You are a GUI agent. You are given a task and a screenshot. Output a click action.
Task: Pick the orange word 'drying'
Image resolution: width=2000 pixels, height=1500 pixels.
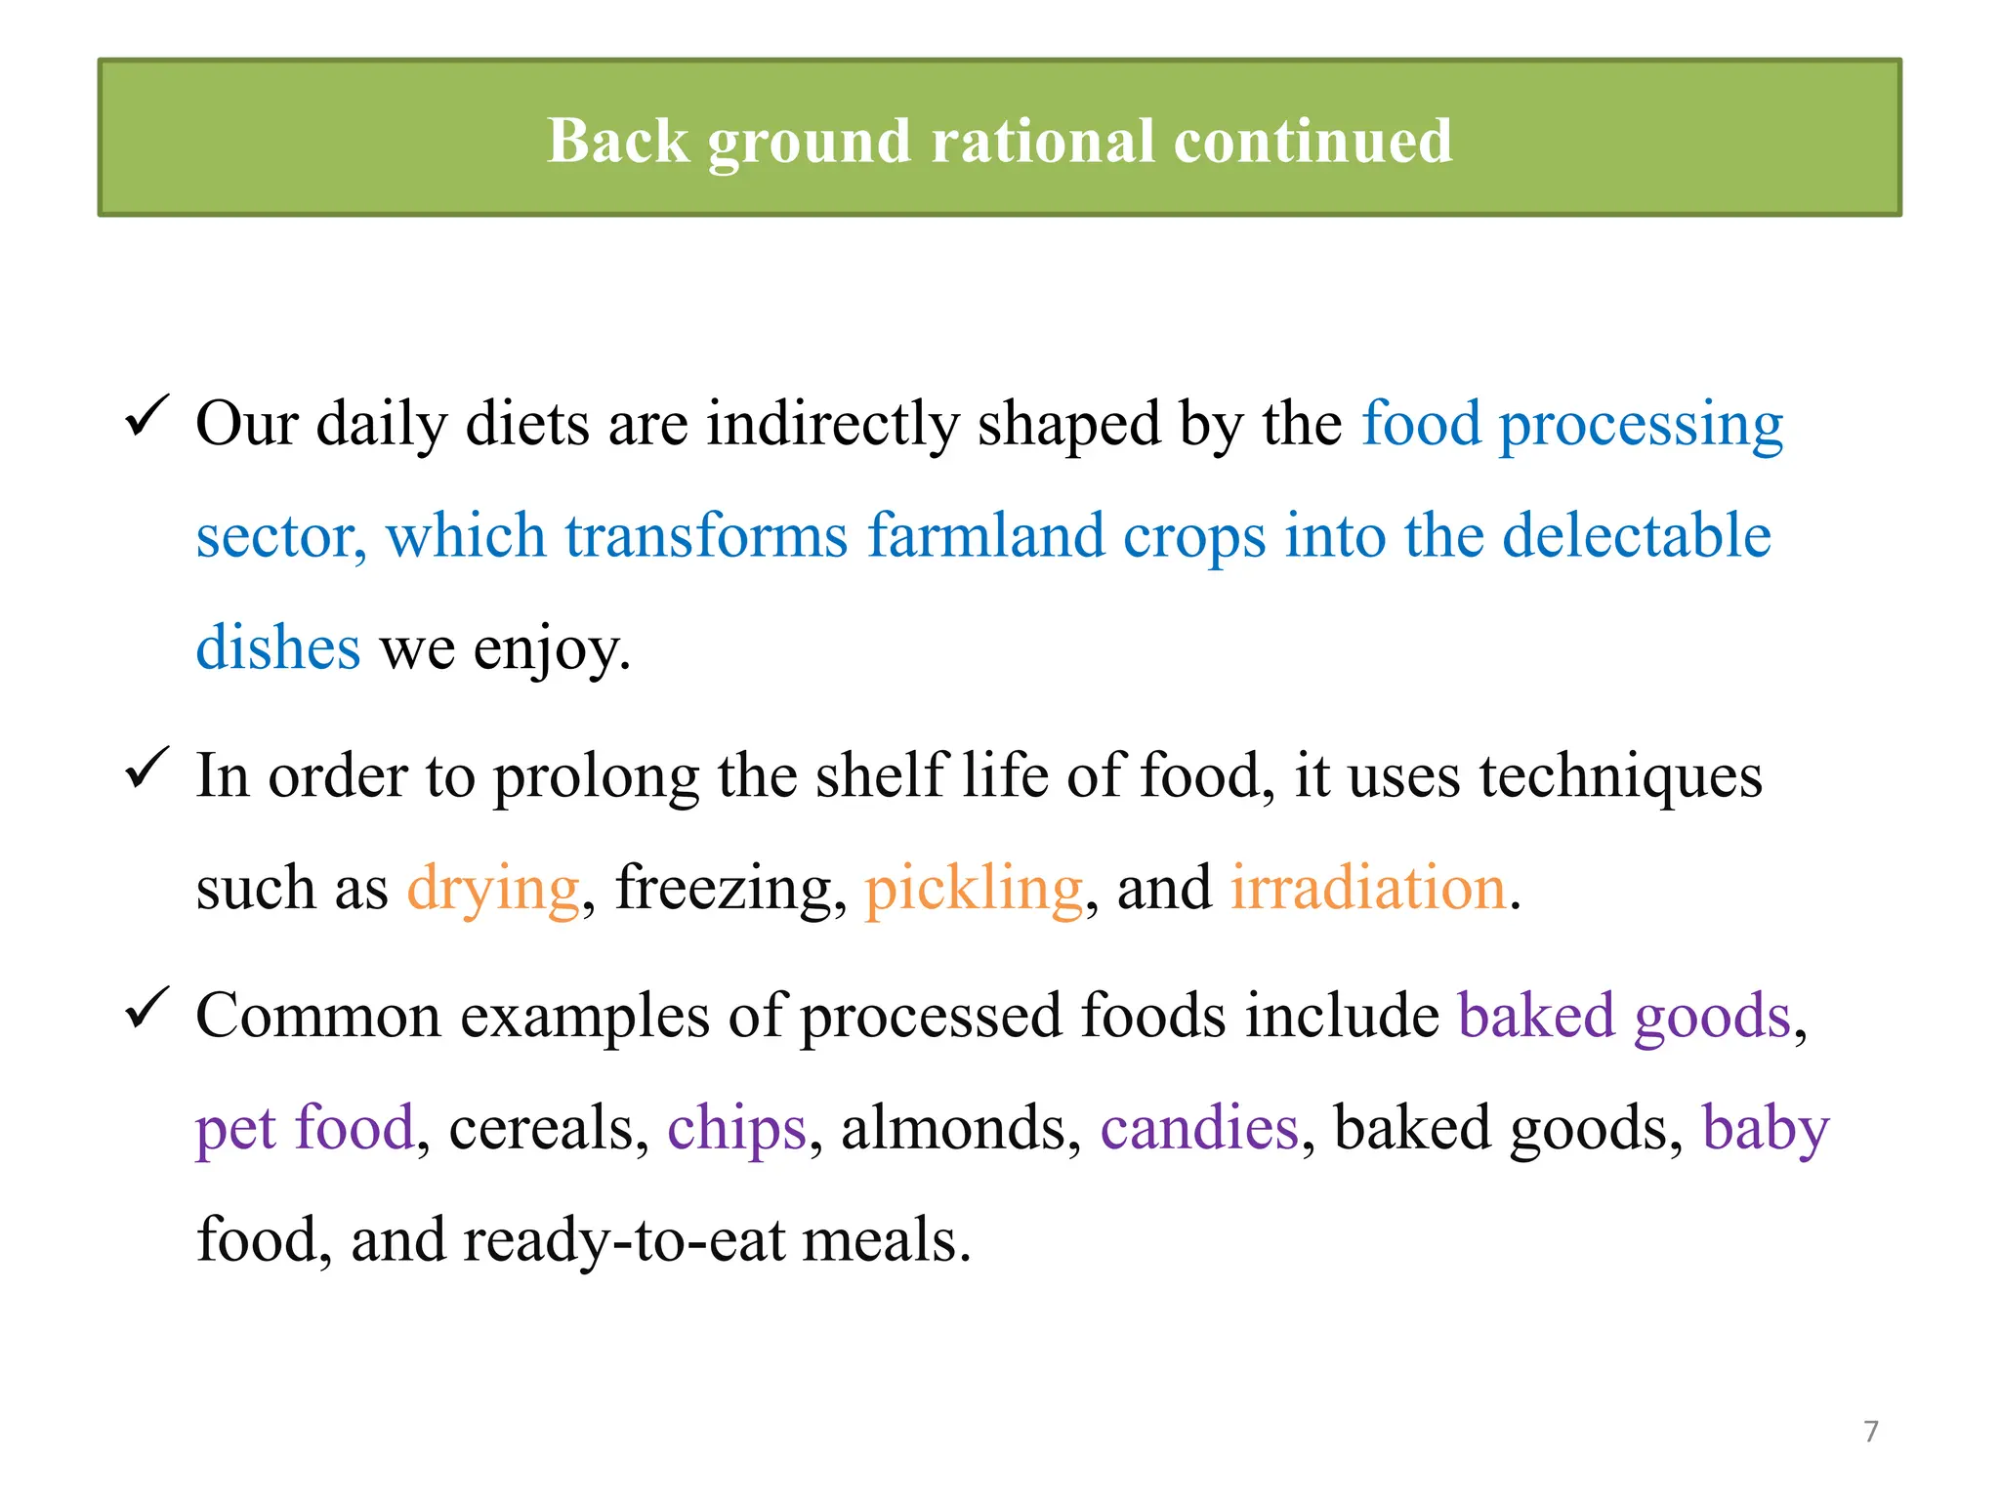(x=493, y=891)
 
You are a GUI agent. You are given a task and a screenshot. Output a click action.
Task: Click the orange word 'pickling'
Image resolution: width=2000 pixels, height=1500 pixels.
(x=974, y=891)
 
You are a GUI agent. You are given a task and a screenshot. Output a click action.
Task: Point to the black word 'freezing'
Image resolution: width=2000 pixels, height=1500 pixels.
(x=727, y=891)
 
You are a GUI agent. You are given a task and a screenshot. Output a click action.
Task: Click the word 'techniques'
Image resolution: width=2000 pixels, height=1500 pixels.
(x=1620, y=777)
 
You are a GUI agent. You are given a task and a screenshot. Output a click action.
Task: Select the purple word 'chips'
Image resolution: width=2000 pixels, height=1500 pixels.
(x=737, y=1130)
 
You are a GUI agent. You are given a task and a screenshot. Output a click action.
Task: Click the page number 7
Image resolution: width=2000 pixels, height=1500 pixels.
(x=1871, y=1432)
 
